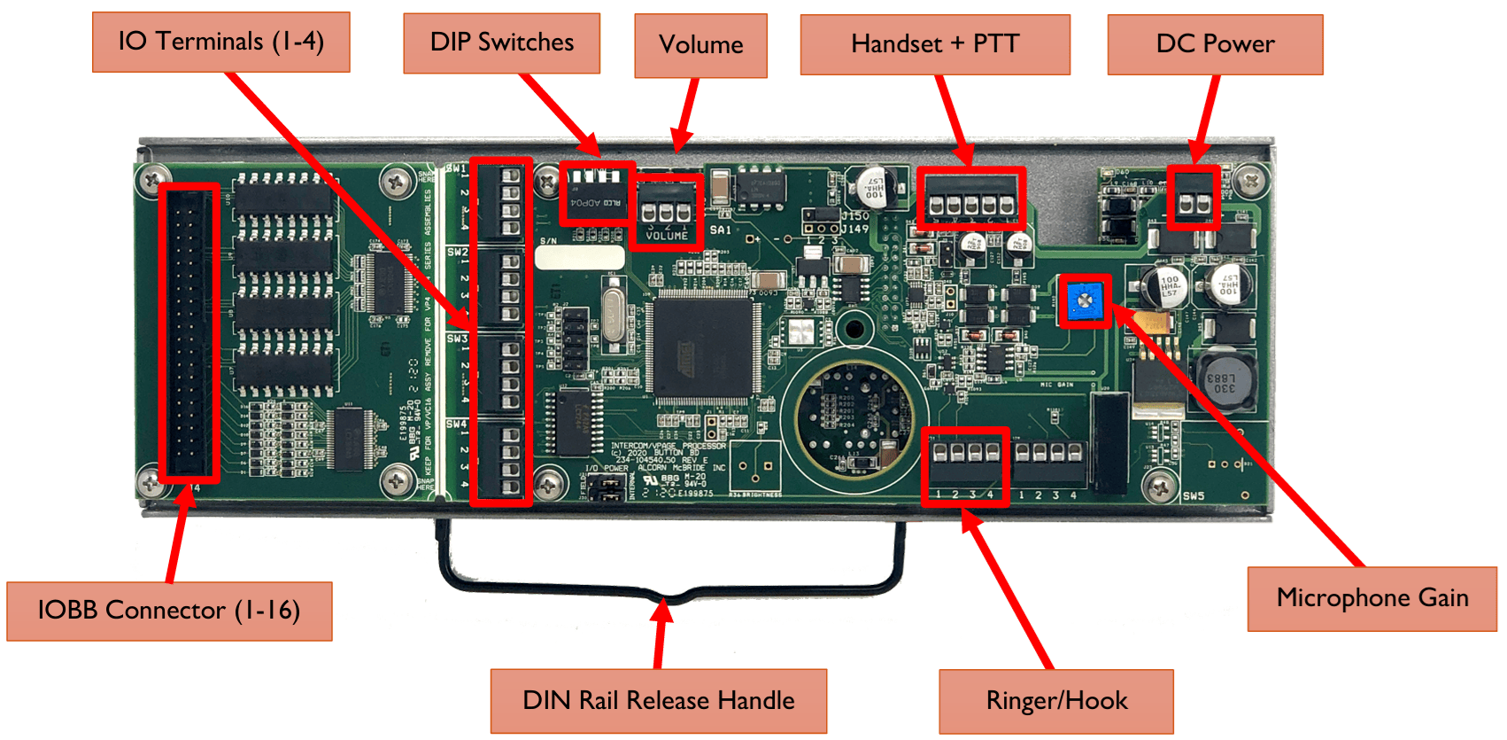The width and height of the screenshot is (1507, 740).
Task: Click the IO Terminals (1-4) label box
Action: point(220,42)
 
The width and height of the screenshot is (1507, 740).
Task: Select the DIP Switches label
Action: point(501,43)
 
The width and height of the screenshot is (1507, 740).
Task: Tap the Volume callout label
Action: point(700,45)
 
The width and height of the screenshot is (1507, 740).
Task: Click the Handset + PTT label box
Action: point(934,44)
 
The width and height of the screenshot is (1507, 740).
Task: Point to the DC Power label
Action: point(1215,44)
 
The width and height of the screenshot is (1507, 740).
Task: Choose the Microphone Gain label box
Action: point(1372,598)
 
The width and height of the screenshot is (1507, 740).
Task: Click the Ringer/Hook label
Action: point(1056,701)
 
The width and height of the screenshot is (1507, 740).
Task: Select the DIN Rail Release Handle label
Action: point(658,701)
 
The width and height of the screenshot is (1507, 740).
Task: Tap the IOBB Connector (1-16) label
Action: point(169,611)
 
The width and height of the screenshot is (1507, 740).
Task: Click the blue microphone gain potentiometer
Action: point(1084,301)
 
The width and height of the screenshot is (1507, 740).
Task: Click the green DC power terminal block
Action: point(1193,203)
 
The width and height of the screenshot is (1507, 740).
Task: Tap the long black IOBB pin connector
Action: point(189,333)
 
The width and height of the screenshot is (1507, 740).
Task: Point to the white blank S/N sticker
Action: point(579,258)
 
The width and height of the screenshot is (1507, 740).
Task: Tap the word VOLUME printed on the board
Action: point(667,237)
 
